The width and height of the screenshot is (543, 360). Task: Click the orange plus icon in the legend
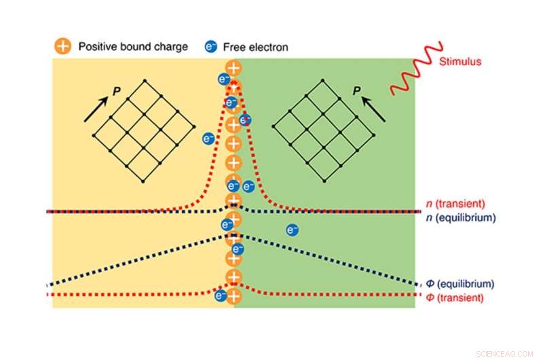coord(62,47)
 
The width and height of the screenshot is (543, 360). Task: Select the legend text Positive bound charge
coord(132,47)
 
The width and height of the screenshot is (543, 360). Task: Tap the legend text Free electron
coord(255,47)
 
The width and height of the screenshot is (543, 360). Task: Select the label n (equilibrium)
coord(460,217)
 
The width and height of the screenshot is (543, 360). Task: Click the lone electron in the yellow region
coord(209,139)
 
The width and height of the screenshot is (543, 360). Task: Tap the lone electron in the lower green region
coord(293,230)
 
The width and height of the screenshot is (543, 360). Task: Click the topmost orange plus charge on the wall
coord(233,68)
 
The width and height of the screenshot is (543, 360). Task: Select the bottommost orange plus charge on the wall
coord(233,297)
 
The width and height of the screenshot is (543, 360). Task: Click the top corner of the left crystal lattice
coord(143,81)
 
